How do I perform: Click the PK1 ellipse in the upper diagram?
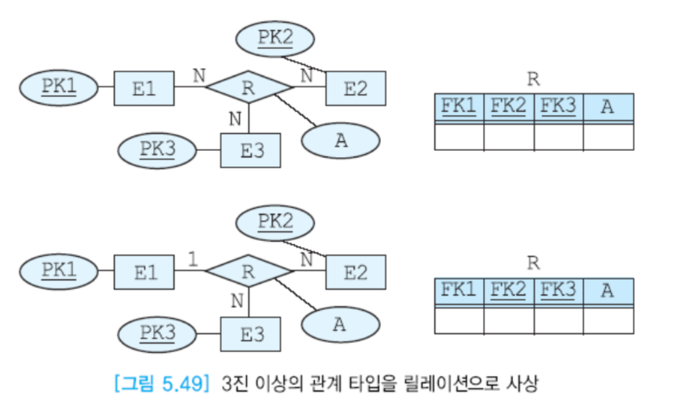pyautogui.click(x=58, y=88)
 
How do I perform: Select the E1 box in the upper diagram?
pyautogui.click(x=144, y=88)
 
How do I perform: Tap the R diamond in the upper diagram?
pyautogui.click(x=248, y=87)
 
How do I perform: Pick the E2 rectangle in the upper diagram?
pyautogui.click(x=356, y=88)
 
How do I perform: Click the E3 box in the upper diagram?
pyautogui.click(x=250, y=150)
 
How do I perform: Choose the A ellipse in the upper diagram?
pyautogui.click(x=340, y=140)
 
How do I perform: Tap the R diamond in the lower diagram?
pyautogui.click(x=248, y=271)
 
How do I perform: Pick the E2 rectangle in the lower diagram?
pyautogui.click(x=356, y=272)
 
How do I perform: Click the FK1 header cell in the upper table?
pyautogui.click(x=459, y=107)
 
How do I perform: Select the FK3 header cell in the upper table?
pyautogui.click(x=558, y=107)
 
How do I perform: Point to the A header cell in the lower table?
pyautogui.click(x=608, y=291)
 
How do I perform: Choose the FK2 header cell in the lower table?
pyautogui.click(x=508, y=291)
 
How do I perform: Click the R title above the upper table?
pyautogui.click(x=533, y=79)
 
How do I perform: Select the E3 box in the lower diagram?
pyautogui.click(x=250, y=334)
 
